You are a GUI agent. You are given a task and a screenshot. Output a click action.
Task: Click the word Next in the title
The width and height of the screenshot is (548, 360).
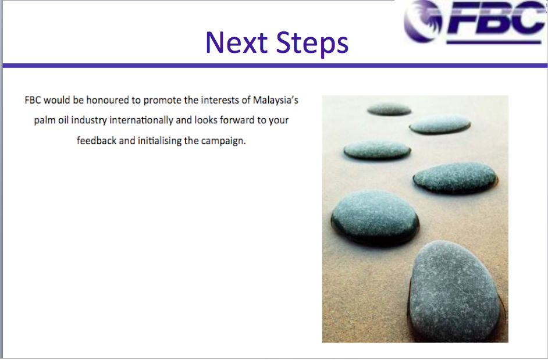[236, 42]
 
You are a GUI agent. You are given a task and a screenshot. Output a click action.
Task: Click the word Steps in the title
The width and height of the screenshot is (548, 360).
[312, 44]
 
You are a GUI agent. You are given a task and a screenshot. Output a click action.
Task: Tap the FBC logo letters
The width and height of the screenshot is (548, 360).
[496, 22]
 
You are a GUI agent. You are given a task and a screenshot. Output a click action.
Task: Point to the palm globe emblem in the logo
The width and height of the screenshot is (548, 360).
[423, 20]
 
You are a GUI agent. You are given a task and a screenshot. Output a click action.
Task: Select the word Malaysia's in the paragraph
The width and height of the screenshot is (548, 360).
[275, 100]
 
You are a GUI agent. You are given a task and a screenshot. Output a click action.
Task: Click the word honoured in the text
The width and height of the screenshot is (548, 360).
[108, 100]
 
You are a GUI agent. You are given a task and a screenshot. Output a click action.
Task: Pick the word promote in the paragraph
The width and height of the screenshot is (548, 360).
[162, 101]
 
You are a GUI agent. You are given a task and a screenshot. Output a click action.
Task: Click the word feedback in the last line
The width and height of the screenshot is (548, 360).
[97, 141]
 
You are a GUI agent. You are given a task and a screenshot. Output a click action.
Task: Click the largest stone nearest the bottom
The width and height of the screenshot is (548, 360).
[454, 292]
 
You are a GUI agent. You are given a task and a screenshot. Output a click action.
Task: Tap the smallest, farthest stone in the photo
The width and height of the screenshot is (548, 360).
[389, 109]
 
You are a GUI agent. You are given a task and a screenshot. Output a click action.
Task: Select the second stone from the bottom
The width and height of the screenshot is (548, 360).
[375, 218]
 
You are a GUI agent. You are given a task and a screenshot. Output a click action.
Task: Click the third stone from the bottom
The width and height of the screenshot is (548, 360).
[455, 178]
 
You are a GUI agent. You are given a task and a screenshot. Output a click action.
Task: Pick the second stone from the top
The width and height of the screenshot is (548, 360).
[440, 124]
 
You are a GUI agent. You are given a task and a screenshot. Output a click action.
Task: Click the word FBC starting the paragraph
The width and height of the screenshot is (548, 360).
[33, 100]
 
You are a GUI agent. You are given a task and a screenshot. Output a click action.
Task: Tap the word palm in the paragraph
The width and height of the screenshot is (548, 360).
[45, 120]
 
